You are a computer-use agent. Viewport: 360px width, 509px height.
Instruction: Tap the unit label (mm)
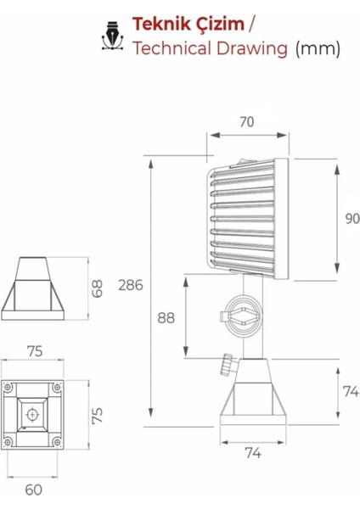tap(318, 48)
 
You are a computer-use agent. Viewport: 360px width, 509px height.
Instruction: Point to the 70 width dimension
tap(246, 122)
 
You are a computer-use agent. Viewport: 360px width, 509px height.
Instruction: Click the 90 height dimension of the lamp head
tap(352, 218)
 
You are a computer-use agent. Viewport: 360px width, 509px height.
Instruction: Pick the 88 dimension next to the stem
tap(167, 317)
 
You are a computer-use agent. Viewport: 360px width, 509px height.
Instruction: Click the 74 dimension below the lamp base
tap(253, 453)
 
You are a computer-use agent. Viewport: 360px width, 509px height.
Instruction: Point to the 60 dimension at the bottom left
tap(32, 489)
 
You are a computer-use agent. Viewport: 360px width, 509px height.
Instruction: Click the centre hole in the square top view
tap(32, 415)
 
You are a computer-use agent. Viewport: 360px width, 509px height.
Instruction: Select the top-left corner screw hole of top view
tap(10, 389)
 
